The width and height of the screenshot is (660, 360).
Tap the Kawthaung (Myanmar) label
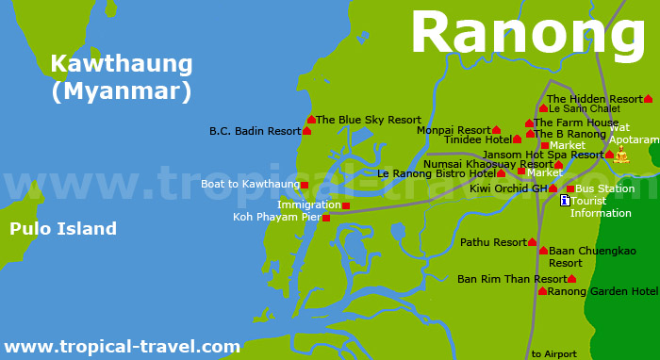(x=121, y=78)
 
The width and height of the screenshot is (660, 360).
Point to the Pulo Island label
(x=63, y=229)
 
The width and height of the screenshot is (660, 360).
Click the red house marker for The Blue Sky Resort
(x=311, y=120)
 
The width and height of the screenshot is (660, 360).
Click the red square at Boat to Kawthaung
(x=305, y=185)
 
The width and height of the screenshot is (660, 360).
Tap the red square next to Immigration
(x=346, y=205)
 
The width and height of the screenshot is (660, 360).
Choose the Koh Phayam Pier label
(x=277, y=217)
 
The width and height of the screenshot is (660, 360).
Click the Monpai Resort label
(x=454, y=130)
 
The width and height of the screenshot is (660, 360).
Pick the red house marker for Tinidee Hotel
(x=517, y=139)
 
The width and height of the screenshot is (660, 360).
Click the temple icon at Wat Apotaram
(x=620, y=154)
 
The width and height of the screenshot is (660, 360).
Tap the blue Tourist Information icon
(x=565, y=201)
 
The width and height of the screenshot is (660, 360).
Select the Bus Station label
(x=604, y=188)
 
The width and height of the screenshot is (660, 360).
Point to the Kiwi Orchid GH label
(x=508, y=188)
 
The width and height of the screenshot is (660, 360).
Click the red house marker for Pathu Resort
(x=532, y=242)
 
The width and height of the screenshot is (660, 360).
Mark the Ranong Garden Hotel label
(x=602, y=291)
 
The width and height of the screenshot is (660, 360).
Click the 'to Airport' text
(x=553, y=353)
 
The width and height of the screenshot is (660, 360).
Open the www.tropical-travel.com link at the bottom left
(x=122, y=347)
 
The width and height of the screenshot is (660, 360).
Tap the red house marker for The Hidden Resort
(x=648, y=99)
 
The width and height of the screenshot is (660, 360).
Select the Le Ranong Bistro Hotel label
(x=436, y=173)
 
